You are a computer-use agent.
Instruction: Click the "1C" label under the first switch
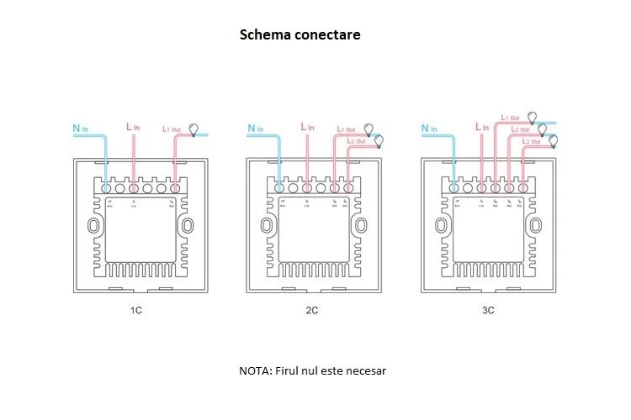pyautogui.click(x=135, y=311)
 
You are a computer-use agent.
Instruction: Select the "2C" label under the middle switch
pyautogui.click(x=311, y=311)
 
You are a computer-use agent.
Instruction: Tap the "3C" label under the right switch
pyautogui.click(x=488, y=311)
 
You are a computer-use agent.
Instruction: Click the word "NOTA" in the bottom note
pyautogui.click(x=252, y=370)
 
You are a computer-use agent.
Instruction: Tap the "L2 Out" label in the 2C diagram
pyautogui.click(x=356, y=141)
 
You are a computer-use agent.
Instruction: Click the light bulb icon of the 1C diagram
pyautogui.click(x=196, y=129)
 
